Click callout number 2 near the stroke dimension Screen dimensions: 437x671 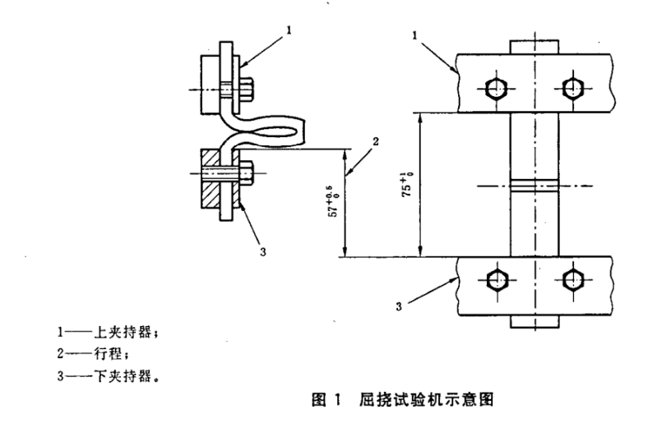coord(374,142)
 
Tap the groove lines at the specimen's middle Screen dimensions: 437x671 coord(533,186)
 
